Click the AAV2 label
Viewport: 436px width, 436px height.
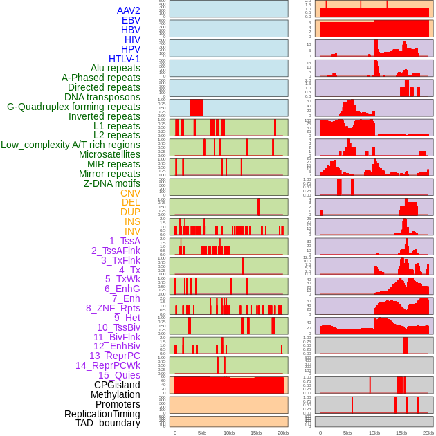tap(129, 10)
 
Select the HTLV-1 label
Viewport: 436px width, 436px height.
tap(125, 59)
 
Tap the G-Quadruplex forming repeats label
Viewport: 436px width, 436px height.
tap(73, 107)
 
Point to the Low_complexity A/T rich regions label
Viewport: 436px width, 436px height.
tap(71, 145)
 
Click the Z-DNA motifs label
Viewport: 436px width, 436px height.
tap(112, 183)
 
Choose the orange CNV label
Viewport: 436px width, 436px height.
tap(130, 193)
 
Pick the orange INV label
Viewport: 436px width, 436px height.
tap(132, 231)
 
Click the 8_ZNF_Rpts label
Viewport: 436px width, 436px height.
tap(113, 308)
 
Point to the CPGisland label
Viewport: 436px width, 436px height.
tap(117, 385)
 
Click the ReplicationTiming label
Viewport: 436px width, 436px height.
tap(102, 414)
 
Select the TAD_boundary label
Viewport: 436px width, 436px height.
tap(108, 423)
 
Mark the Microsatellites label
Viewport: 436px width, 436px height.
tap(109, 154)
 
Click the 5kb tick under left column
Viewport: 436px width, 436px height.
tap(202, 433)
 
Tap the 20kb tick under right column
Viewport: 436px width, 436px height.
tap(428, 433)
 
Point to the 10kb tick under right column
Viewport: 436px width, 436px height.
tap(374, 433)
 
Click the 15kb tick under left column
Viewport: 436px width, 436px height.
tap(256, 433)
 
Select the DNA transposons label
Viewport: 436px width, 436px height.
tap(102, 97)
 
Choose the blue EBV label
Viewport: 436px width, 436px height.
tap(131, 20)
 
